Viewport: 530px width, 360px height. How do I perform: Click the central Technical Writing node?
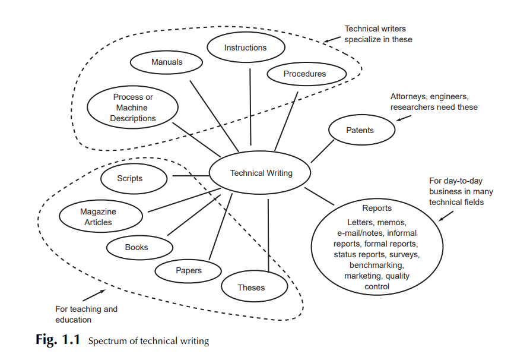pyautogui.click(x=261, y=173)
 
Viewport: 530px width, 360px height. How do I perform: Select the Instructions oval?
pyautogui.click(x=245, y=48)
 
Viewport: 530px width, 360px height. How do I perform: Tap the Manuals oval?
pyautogui.click(x=167, y=62)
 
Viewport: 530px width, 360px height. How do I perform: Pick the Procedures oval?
pyautogui.click(x=304, y=74)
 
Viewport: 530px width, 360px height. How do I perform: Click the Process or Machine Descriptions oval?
pyautogui.click(x=132, y=108)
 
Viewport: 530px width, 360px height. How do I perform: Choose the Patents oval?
pyautogui.click(x=360, y=130)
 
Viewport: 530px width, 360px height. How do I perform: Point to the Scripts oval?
pyautogui.click(x=130, y=178)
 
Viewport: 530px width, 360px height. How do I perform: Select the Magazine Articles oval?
pyautogui.click(x=98, y=217)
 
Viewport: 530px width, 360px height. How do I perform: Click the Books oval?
pyautogui.click(x=137, y=247)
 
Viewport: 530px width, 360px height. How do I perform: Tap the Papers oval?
pyautogui.click(x=188, y=270)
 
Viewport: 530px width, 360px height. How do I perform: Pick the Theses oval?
pyautogui.click(x=251, y=288)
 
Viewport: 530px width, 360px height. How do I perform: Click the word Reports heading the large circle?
pyautogui.click(x=377, y=209)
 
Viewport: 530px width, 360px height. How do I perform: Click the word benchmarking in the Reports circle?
pyautogui.click(x=377, y=265)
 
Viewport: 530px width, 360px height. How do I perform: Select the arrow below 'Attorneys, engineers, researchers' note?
pyautogui.click(x=404, y=116)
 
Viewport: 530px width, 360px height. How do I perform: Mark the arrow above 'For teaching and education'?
pyautogui.click(x=93, y=293)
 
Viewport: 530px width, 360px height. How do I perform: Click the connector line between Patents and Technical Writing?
pyautogui.click(x=323, y=151)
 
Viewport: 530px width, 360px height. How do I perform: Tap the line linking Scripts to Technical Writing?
pyautogui.click(x=190, y=176)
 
